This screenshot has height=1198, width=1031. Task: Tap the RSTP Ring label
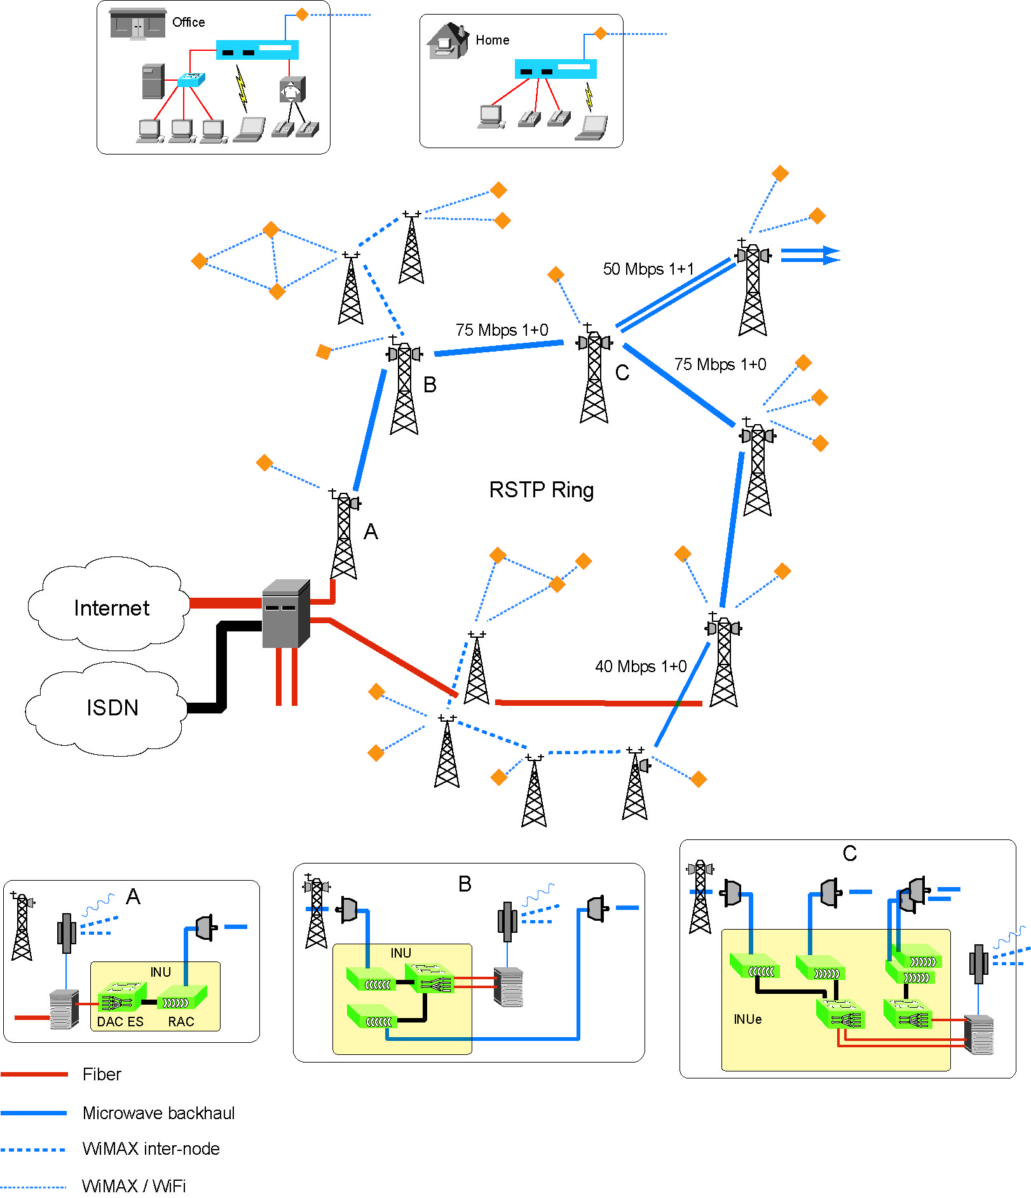(x=541, y=490)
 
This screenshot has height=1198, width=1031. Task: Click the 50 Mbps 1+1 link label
(x=648, y=269)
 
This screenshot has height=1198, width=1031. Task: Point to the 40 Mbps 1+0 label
(x=640, y=666)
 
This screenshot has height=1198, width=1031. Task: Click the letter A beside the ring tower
(x=371, y=532)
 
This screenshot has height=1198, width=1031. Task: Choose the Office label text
(x=188, y=22)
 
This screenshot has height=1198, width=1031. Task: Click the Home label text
(x=492, y=40)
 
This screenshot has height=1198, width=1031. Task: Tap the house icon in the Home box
(x=447, y=41)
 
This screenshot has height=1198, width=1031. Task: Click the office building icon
(x=137, y=24)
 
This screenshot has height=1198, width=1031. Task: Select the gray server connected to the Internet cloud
(x=286, y=614)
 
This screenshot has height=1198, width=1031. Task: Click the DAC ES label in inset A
(x=120, y=1022)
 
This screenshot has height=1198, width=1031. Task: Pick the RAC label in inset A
(x=181, y=1022)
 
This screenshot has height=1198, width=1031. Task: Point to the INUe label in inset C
(x=748, y=1019)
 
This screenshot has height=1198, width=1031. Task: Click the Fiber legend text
(x=102, y=1075)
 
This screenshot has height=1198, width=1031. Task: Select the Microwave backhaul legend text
(x=158, y=1113)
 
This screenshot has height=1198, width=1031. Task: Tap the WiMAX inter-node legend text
(x=151, y=1149)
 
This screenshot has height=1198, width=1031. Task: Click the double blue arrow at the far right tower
(x=810, y=256)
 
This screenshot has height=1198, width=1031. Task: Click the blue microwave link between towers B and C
(x=499, y=348)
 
